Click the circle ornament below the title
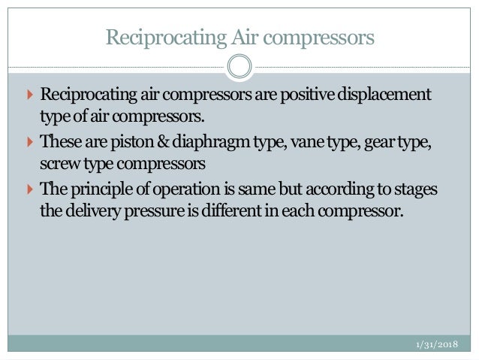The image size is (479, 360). pyautogui.click(x=239, y=66)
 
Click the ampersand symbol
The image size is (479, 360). pyautogui.click(x=147, y=143)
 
